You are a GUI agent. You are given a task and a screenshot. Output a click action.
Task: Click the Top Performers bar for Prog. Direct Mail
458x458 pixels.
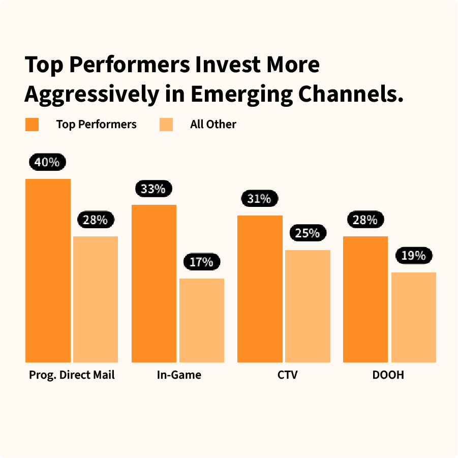coord(48,270)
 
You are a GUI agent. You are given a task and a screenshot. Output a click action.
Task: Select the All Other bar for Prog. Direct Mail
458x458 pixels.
coord(96,299)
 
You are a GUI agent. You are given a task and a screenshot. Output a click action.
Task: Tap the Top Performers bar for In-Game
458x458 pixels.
coord(154,284)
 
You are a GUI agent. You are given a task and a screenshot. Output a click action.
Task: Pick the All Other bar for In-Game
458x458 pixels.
coord(202,320)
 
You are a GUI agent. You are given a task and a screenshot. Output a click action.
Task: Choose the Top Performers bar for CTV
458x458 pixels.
coord(260,289)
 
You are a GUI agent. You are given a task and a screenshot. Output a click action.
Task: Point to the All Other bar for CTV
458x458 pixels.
coord(308,306)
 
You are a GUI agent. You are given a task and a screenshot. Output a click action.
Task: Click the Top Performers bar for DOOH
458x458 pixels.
coord(365,299)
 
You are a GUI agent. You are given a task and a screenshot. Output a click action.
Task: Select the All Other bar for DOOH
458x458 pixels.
coord(414,317)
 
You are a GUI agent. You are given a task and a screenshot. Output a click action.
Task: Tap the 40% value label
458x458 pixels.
coord(47,163)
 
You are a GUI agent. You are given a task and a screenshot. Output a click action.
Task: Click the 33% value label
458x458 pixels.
coord(154,189)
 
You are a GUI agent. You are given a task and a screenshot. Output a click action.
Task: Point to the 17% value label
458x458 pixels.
coord(202,262)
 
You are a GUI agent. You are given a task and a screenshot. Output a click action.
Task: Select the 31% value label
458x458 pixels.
coord(259,199)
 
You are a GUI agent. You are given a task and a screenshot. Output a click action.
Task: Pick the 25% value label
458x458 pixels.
coord(308,233)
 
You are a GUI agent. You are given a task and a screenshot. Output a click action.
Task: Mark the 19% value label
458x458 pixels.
coord(413,256)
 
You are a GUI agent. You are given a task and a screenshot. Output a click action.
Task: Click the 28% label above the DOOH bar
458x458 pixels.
coord(365,220)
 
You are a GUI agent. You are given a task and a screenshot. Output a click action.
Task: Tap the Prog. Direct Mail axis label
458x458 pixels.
coord(72,375)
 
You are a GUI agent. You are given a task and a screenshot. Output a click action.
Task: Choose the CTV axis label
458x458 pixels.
coord(288,375)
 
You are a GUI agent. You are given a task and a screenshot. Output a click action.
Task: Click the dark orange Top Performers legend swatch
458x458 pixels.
coord(32,125)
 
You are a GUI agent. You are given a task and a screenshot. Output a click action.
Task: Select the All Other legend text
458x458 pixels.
coord(213,125)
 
